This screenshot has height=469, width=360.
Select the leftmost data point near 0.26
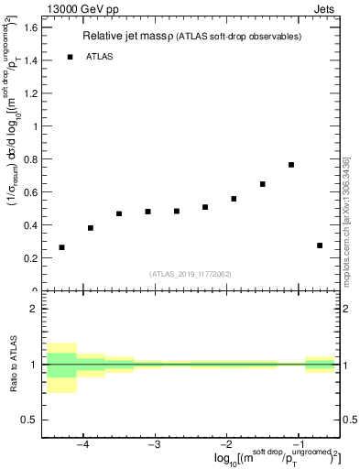(x=62, y=247)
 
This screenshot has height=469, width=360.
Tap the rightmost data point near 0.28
(x=320, y=245)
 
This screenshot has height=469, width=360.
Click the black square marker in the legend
(x=70, y=57)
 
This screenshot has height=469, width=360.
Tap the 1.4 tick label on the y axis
(x=30, y=60)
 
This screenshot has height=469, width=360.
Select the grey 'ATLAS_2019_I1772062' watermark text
(x=191, y=273)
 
